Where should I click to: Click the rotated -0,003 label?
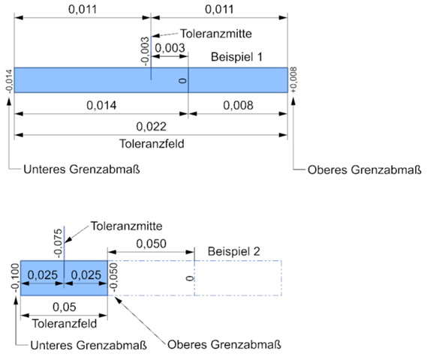tap(145, 52)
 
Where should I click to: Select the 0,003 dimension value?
tap(170, 48)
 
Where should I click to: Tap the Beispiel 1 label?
tap(236, 57)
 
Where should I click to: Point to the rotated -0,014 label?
tap(9, 81)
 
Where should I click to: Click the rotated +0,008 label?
tap(293, 80)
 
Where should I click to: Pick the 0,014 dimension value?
tap(101, 106)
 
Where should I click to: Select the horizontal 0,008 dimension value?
tap(238, 106)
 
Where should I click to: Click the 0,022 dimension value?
tap(151, 127)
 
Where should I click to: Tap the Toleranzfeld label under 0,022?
tap(152, 144)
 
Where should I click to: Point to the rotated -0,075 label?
tap(58, 243)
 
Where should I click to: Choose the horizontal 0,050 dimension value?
tap(151, 244)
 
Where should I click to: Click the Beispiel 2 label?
tap(234, 251)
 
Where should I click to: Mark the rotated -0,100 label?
tap(15, 277)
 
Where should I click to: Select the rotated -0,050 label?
tap(113, 277)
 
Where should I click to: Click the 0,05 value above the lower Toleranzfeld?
tap(65, 307)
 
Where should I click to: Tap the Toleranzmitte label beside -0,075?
tap(126, 226)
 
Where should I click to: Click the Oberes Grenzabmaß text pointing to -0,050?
tap(224, 344)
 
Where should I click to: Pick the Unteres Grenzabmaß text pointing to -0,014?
tap(82, 169)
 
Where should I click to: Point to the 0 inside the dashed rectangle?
tap(190, 278)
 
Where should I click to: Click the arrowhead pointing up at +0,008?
tap(293, 101)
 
